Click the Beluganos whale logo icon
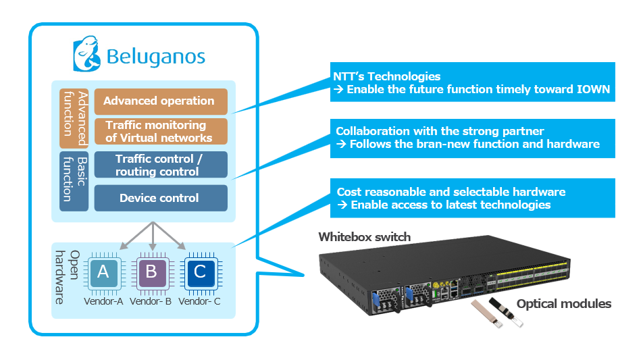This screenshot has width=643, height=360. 87,53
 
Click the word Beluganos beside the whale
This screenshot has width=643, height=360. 156,57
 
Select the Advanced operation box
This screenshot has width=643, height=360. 161,101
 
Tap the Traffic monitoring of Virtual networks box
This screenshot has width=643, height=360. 161,131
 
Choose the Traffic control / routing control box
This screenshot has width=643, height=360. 161,165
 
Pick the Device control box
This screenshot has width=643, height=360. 161,198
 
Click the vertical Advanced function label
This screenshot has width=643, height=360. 74,118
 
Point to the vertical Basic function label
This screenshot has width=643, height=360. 74,181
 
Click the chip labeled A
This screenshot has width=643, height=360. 103,272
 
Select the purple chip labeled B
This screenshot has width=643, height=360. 151,272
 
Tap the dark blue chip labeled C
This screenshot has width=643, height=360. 200,272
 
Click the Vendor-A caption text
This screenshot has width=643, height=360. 103,301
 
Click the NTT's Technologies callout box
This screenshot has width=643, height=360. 472,82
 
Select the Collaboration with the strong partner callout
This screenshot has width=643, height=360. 472,138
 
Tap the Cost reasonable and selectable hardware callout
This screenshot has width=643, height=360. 472,198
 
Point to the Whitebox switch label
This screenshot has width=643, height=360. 365,237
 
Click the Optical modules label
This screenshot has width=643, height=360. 564,304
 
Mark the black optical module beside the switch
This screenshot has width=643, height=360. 506,313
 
